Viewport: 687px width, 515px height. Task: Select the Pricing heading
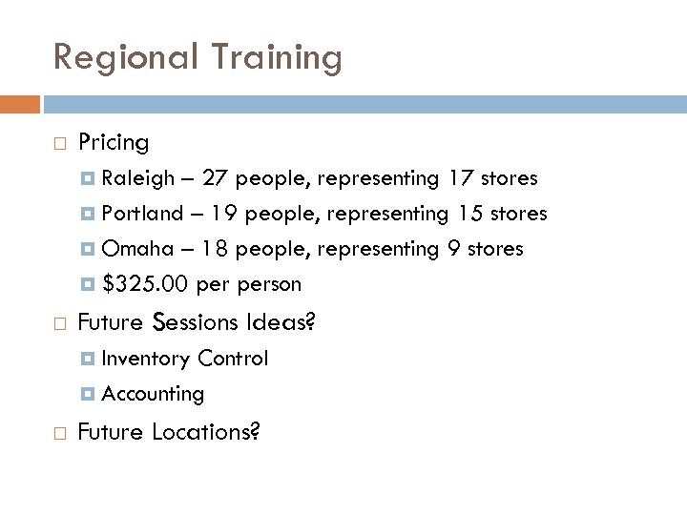[x=114, y=143]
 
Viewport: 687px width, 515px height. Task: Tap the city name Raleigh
[x=138, y=178]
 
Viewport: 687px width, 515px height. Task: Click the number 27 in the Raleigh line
[x=216, y=178]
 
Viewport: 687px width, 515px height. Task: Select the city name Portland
[x=142, y=214]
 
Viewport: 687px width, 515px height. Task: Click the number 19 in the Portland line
[x=225, y=214]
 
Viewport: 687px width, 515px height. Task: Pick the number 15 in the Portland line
[x=469, y=214]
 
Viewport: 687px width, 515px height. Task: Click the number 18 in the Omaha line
[x=216, y=249]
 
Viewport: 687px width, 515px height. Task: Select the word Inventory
[x=145, y=359]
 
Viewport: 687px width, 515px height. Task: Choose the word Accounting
[x=153, y=394]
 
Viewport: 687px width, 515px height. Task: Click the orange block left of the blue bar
[x=20, y=103]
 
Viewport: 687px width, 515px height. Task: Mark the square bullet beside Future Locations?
[x=59, y=433]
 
